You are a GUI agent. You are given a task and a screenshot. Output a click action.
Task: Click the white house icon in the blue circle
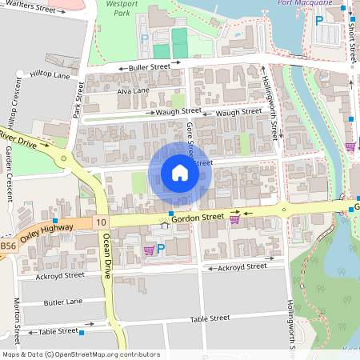point(180,173)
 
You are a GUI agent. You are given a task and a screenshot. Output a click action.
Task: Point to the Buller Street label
point(150,68)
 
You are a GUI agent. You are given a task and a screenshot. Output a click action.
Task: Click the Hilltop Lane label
point(50,74)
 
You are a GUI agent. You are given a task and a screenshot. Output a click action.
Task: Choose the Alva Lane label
point(133,91)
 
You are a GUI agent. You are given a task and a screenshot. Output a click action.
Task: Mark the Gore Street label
point(190,138)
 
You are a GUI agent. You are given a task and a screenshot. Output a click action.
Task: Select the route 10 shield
point(100,221)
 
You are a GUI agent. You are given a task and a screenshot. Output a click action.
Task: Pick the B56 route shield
point(7,248)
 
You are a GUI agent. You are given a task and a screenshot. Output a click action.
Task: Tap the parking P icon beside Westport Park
point(145,38)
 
